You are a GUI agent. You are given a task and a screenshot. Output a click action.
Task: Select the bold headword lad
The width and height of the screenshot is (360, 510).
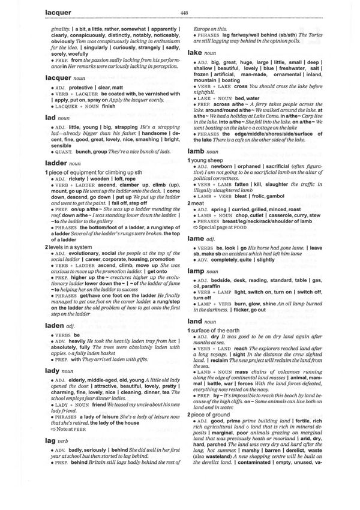[50, 119]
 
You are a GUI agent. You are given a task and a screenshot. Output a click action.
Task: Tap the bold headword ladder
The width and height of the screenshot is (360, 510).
[57, 163]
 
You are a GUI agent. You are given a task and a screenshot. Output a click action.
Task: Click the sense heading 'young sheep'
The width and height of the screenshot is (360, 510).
[210, 161]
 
